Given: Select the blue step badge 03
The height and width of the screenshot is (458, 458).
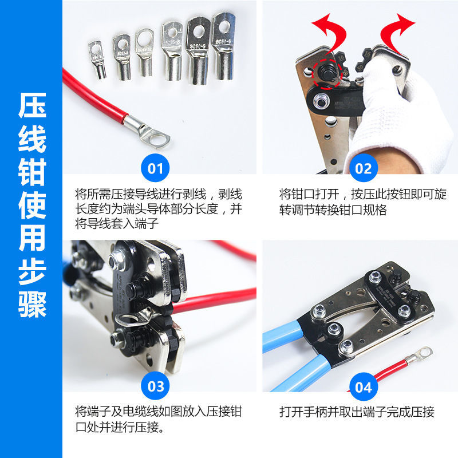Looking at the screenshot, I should tap(155, 386).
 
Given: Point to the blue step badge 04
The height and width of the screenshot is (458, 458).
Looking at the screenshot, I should tap(363, 386).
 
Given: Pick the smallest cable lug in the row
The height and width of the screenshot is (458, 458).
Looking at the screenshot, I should tap(97, 58).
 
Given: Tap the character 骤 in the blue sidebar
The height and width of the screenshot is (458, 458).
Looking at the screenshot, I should tap(31, 301).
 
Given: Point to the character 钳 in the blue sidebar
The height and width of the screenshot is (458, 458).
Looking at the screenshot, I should tap(31, 172).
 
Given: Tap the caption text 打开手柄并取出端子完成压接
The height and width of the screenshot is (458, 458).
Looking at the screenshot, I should tap(357, 412).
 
